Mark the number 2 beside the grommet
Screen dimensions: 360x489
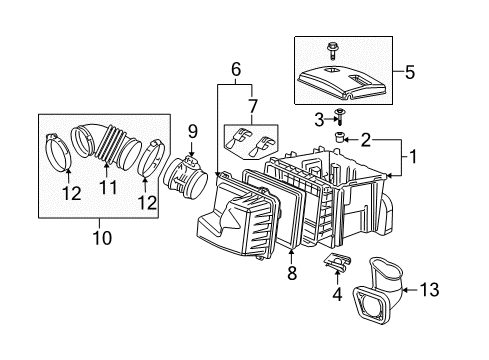[x=366, y=139]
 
